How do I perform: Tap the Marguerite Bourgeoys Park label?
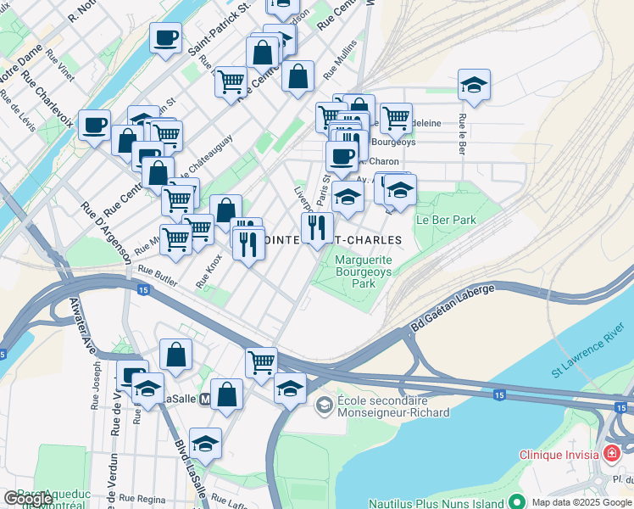click(x=364, y=272)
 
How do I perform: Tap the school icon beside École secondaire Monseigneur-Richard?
click(x=323, y=406)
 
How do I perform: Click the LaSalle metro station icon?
click(x=203, y=399)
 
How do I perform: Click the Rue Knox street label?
click(x=209, y=271)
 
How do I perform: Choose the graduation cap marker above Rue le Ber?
click(x=475, y=84)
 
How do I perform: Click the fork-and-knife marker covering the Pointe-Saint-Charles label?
click(x=317, y=227)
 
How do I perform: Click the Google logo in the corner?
click(x=28, y=499)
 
